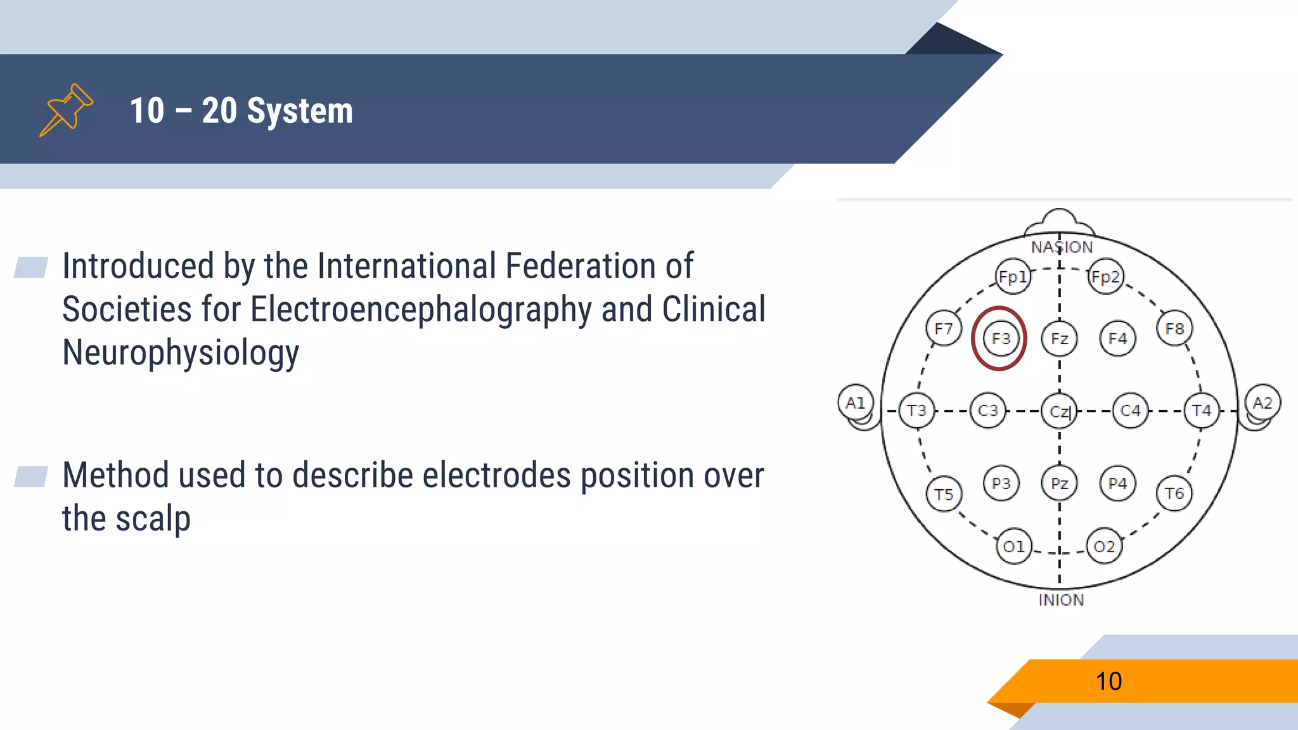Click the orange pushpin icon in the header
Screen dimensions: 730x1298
(x=67, y=109)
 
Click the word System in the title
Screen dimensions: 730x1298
(x=300, y=111)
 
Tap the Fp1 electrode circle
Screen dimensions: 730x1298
(x=1012, y=277)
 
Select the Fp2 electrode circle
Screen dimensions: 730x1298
(x=1105, y=277)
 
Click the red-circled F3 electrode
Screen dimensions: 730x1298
(x=1000, y=338)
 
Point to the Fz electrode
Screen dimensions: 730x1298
(x=1059, y=338)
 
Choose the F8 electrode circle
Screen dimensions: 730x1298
(x=1174, y=328)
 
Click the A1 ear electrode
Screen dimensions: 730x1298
(x=856, y=402)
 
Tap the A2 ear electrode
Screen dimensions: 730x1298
(x=1263, y=402)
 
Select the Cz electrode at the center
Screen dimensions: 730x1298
(x=1059, y=411)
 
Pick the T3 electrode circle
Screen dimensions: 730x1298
(x=916, y=411)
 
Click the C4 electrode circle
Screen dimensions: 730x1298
(x=1130, y=411)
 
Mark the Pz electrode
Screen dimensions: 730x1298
(x=1059, y=483)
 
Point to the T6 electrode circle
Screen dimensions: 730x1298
(x=1174, y=493)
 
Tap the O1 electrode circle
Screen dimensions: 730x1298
(x=1013, y=546)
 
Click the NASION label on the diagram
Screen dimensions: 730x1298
(x=1062, y=247)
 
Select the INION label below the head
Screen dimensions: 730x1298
(x=1061, y=600)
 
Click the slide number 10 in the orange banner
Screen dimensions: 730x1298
(x=1108, y=681)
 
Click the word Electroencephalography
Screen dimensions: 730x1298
(x=421, y=310)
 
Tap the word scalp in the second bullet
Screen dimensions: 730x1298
(x=153, y=519)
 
